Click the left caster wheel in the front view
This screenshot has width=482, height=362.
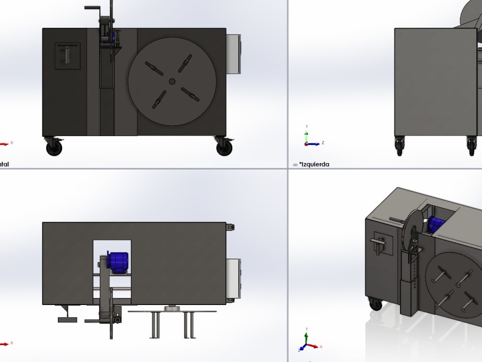(54, 147)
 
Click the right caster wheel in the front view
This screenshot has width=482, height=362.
(224, 147)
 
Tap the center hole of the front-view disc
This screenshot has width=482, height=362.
(172, 82)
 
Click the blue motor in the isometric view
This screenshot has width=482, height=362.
(437, 225)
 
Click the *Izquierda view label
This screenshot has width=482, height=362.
(314, 165)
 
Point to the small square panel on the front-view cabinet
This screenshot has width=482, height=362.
(67, 56)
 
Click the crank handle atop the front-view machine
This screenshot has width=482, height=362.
(93, 8)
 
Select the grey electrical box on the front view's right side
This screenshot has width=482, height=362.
(233, 54)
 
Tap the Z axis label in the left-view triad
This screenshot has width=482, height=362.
(322, 143)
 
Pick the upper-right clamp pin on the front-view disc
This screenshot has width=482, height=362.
(186, 63)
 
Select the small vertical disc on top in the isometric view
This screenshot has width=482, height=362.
(412, 229)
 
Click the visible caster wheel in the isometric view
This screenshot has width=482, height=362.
(374, 304)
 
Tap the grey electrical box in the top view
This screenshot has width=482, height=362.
(234, 280)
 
